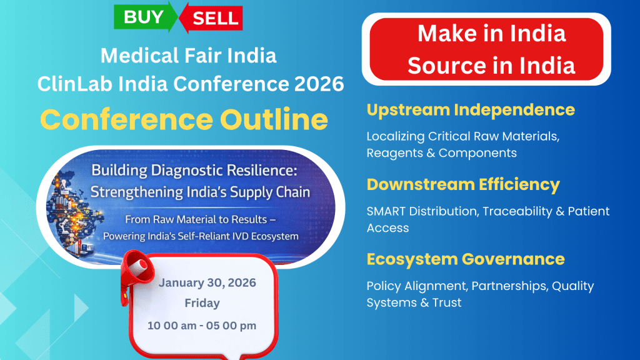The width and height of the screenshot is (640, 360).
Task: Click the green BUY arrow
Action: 145,17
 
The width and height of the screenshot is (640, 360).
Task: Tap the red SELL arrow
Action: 211,18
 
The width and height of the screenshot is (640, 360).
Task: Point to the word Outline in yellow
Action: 274,119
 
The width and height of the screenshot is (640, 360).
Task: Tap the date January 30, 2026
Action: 207,282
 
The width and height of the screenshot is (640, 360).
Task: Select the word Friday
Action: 202,303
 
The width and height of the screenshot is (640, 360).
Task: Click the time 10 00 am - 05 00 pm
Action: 202,325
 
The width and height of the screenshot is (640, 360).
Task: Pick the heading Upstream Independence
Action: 471,110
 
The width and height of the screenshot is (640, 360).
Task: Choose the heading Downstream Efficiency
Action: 463,185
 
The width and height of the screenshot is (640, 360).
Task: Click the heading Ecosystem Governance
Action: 465,259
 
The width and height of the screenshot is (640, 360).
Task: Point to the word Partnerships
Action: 509,286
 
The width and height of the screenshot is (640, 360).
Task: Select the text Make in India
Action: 491,34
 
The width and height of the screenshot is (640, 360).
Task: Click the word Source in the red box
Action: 444,66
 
